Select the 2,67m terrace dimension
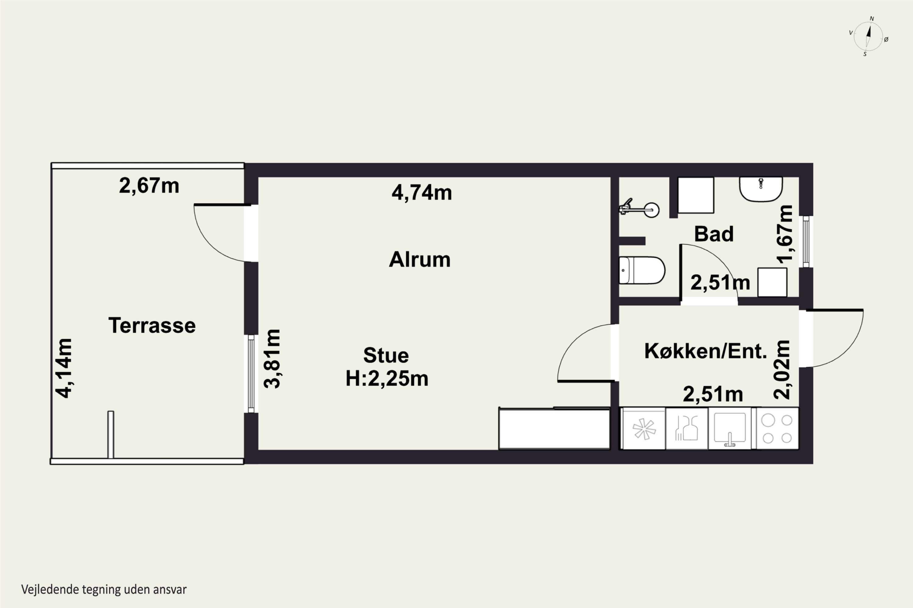[149, 186]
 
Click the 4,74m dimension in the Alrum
[422, 192]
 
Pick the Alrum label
[420, 259]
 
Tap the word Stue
[386, 355]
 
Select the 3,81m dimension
[272, 359]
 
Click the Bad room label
[714, 234]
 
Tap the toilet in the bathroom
[642, 270]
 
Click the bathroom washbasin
[761, 189]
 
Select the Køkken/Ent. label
[706, 351]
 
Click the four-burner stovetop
[777, 428]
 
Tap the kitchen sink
[730, 428]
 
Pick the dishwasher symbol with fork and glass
[687, 428]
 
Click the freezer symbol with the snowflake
[644, 428]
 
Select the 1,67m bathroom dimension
[785, 234]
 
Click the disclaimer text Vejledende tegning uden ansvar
[104, 589]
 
